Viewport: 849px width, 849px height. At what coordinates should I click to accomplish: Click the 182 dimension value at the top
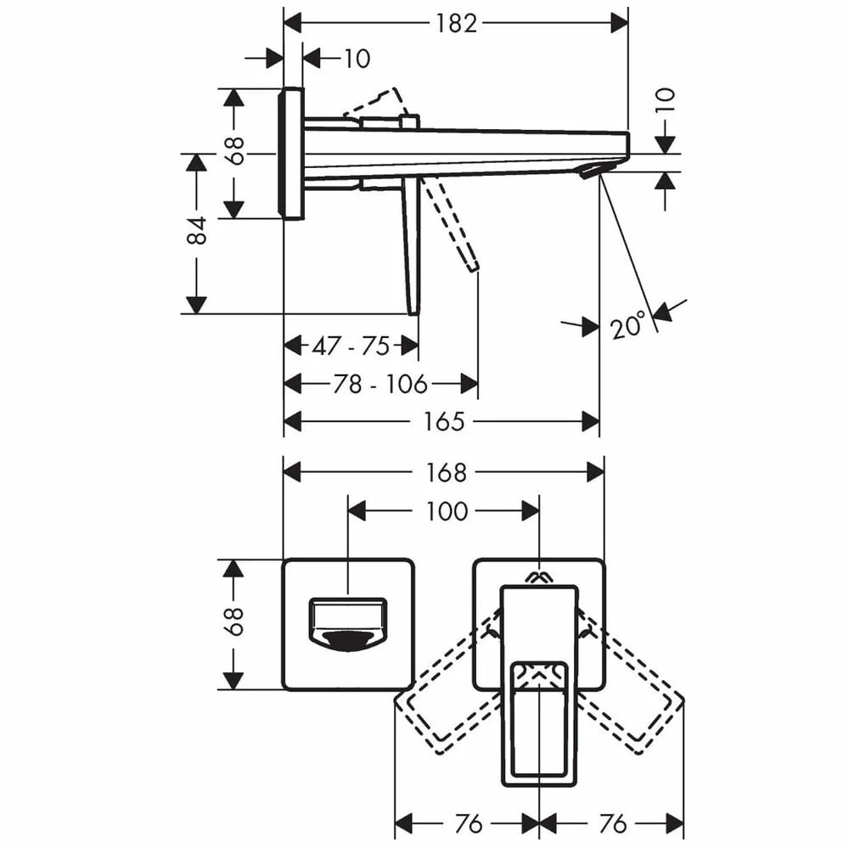456,23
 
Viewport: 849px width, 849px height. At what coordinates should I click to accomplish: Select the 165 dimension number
444,421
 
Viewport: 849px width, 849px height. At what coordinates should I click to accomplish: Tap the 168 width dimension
446,473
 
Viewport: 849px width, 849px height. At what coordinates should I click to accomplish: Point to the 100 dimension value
447,511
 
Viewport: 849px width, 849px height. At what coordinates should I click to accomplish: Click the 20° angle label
628,325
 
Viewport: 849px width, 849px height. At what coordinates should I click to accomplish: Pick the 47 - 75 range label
351,346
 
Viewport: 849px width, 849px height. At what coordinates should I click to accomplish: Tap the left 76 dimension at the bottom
469,824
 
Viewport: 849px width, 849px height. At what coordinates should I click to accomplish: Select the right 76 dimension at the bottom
612,824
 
